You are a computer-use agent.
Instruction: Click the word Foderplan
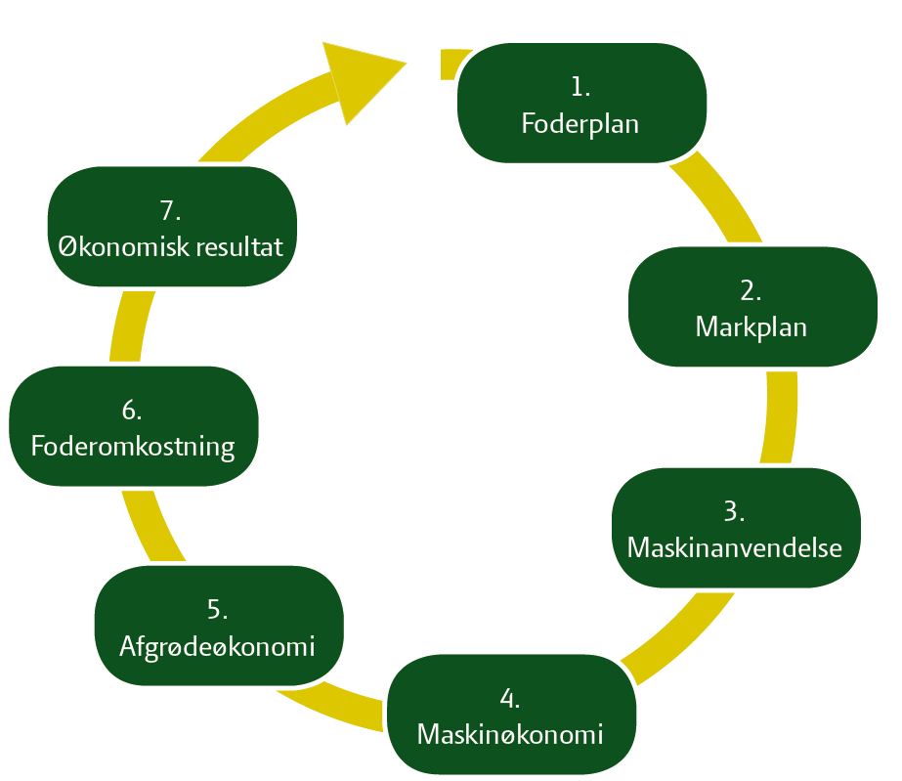580,124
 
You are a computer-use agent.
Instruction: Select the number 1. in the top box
580,87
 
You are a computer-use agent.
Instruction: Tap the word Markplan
751,326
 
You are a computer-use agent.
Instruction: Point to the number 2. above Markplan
751,289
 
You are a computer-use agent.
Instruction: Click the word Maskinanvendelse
735,546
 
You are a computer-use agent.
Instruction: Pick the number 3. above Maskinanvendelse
735,510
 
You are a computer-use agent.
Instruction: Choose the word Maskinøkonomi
509,733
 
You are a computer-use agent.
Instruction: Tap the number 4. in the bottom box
509,697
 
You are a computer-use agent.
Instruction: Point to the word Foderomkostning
133,447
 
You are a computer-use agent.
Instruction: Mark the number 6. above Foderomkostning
133,410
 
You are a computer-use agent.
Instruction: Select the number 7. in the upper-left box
171,209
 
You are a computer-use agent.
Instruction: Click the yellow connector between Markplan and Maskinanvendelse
779,416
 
